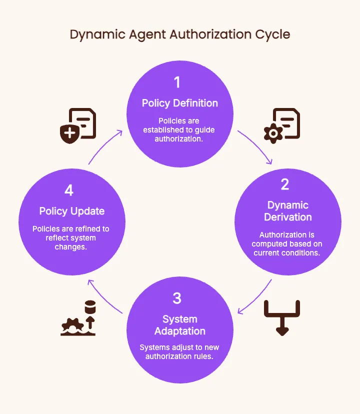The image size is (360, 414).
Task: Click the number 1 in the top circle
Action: (176, 82)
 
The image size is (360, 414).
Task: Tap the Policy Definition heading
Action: (180, 103)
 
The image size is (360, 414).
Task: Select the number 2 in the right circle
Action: (285, 184)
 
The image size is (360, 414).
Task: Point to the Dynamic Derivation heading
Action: (288, 211)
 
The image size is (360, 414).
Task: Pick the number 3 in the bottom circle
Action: (176, 298)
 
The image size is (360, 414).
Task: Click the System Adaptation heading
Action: (180, 325)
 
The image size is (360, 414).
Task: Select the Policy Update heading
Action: (72, 211)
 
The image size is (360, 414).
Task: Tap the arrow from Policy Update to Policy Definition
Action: (105, 146)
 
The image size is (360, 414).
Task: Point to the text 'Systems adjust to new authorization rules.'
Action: (179, 352)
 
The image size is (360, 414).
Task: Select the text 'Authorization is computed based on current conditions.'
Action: (287, 244)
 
